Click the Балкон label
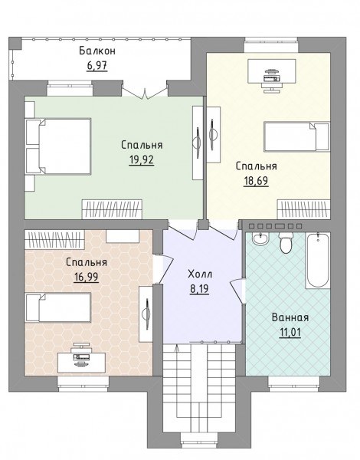pyautogui.click(x=97, y=51)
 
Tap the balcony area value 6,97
pyautogui.click(x=97, y=65)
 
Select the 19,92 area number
pyautogui.click(x=141, y=160)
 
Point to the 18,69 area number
pyautogui.click(x=256, y=181)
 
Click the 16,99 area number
pyautogui.click(x=87, y=277)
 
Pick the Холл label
pyautogui.click(x=200, y=274)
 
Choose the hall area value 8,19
pyautogui.click(x=199, y=289)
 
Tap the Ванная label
pyautogui.click(x=290, y=317)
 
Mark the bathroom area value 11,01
pyautogui.click(x=290, y=333)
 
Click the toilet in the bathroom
pyautogui.click(x=286, y=242)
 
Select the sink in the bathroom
pyautogui.click(x=260, y=238)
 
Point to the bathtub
pyautogui.click(x=318, y=260)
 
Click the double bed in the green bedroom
pyautogui.click(x=58, y=146)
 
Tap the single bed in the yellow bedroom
pyautogui.click(x=296, y=136)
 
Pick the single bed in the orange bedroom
pyautogui.click(x=58, y=307)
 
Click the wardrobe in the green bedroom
pyautogui.click(x=112, y=209)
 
